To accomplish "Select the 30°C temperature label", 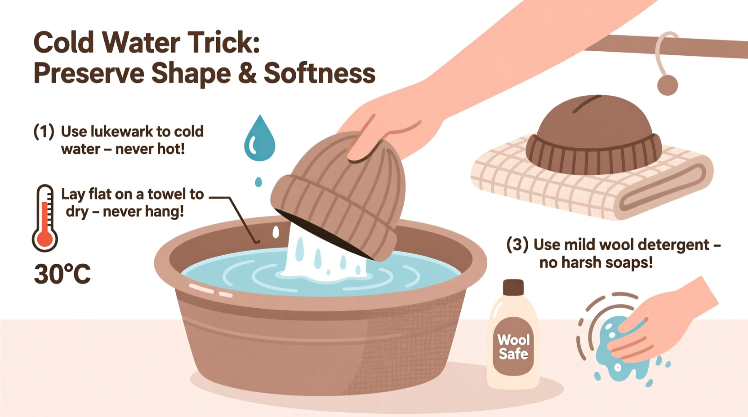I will (x=62, y=274).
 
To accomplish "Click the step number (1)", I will (x=44, y=132).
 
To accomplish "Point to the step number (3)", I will (x=517, y=245).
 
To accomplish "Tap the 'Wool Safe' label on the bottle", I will (x=513, y=346).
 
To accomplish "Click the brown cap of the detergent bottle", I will (x=513, y=287).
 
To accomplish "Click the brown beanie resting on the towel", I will (x=593, y=135).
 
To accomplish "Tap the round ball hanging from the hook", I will (x=667, y=84).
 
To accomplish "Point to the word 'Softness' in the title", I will (x=319, y=73).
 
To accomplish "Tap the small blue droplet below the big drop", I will (x=258, y=182).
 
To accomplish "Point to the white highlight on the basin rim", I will (x=202, y=289).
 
